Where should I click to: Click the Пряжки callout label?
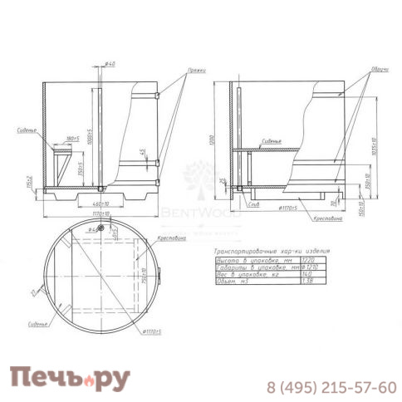pyautogui.click(x=197, y=72)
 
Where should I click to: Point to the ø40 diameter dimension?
pyautogui.click(x=111, y=64)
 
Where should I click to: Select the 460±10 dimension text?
pyautogui.click(x=102, y=203)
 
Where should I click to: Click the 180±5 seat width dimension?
pyautogui.click(x=71, y=138)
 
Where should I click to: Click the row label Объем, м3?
pyautogui.click(x=232, y=282)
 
